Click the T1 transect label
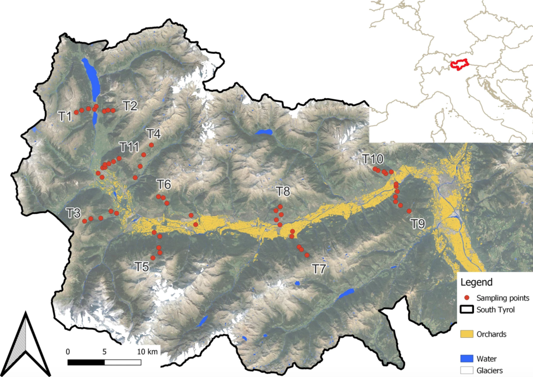coord(65,116)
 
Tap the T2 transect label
coord(130,106)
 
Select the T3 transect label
coord(73,212)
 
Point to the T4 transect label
coord(154,133)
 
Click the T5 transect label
coord(142,266)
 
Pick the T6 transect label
coord(164,184)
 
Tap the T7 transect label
coord(320,268)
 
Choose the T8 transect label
coord(283,191)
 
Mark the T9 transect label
coord(418,223)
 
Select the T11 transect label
coord(129,146)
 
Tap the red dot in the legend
coord(466,298)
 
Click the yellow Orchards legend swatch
coord(467,334)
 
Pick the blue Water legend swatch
coord(467,358)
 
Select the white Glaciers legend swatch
coord(467,370)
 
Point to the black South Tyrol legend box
coord(467,310)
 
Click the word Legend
coord(478,283)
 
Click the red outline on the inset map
coord(458,64)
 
